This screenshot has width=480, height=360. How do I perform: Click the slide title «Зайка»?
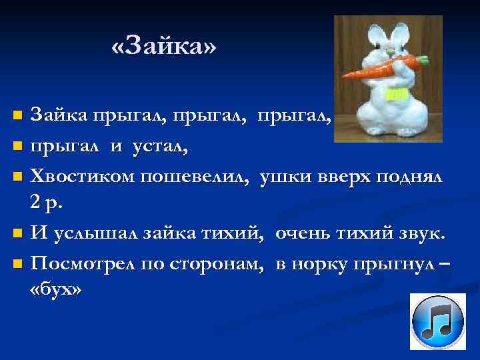point(164,47)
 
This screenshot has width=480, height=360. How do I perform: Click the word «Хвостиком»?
point(83,177)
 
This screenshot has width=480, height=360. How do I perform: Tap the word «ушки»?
point(285,177)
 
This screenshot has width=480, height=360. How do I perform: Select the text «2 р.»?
point(47,203)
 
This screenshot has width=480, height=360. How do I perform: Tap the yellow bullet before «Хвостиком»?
point(18,177)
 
